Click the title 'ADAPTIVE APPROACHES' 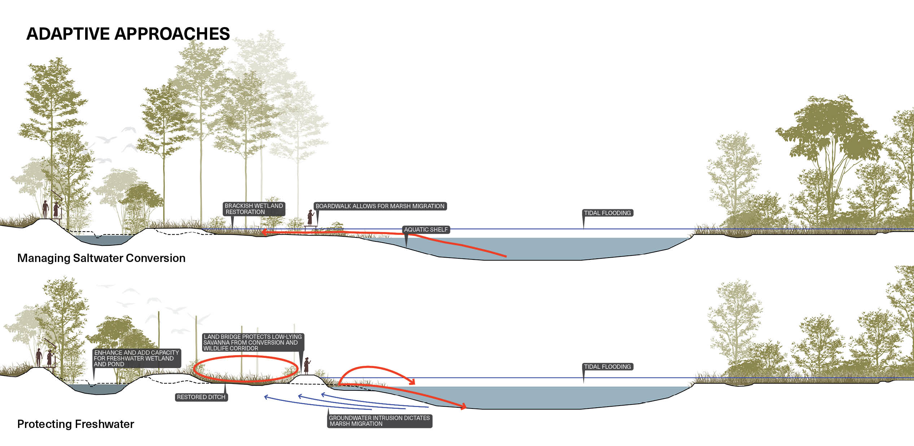pyautogui.click(x=128, y=34)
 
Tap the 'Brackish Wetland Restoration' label pyautogui.click(x=254, y=209)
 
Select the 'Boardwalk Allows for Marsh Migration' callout pyautogui.click(x=380, y=206)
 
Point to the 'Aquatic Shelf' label pyautogui.click(x=426, y=229)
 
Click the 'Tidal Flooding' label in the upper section pyautogui.click(x=608, y=213)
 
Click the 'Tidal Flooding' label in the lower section pyautogui.click(x=608, y=367)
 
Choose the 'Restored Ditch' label pyautogui.click(x=201, y=397)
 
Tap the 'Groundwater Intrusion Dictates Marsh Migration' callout pyautogui.click(x=379, y=421)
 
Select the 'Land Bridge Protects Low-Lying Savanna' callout pyautogui.click(x=253, y=342)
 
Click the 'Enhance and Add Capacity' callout pyautogui.click(x=136, y=358)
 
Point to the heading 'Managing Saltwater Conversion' pyautogui.click(x=101, y=258)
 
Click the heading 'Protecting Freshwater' pyautogui.click(x=76, y=424)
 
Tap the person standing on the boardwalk pyautogui.click(x=310, y=218)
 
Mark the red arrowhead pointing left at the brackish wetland pyautogui.click(x=264, y=232)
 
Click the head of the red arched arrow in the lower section pyautogui.click(x=412, y=381)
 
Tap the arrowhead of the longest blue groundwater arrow pyautogui.click(x=266, y=397)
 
